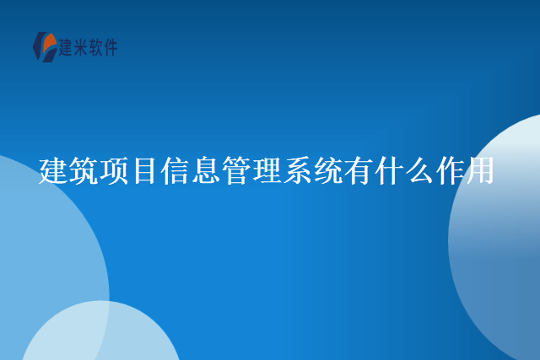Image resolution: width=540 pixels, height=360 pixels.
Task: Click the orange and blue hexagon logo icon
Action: point(44,46)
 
